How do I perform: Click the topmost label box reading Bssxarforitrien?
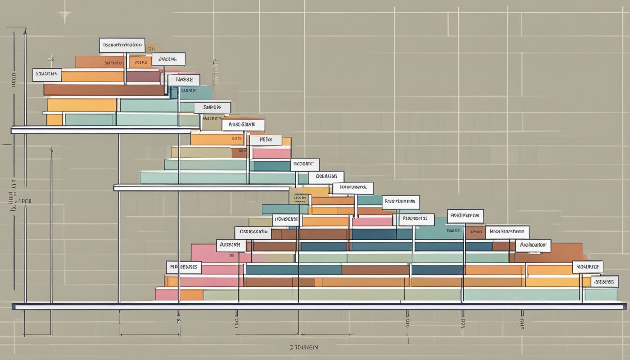[x=122, y=45]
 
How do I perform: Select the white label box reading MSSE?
[x=184, y=80]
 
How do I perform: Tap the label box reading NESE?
[x=265, y=140]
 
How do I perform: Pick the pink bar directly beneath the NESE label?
[x=271, y=153]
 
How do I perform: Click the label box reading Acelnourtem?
[x=533, y=245]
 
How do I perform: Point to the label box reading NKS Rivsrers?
[x=507, y=232]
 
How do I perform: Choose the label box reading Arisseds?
[x=231, y=245]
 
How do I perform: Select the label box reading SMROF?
[x=212, y=108]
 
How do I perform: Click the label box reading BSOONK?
[x=305, y=165]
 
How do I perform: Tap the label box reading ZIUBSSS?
[x=604, y=281]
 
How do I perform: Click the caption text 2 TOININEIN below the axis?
[x=305, y=347]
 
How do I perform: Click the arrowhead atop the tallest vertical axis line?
[x=25, y=31]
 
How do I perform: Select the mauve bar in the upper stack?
[x=143, y=76]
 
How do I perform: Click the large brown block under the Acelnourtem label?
[x=548, y=256]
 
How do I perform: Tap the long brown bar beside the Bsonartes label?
[x=103, y=90]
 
